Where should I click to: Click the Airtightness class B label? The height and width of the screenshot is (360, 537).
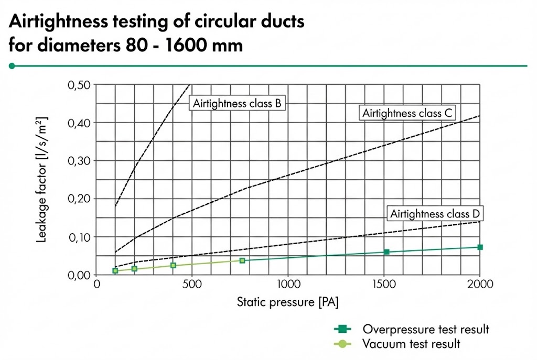pyautogui.click(x=238, y=103)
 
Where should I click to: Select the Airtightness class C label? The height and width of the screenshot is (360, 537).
pyautogui.click(x=407, y=113)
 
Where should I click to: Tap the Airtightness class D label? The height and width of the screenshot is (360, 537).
pyautogui.click(x=435, y=214)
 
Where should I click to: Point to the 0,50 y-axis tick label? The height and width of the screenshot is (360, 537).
pyautogui.click(x=79, y=85)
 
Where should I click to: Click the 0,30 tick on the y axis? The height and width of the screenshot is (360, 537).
pyautogui.click(x=79, y=161)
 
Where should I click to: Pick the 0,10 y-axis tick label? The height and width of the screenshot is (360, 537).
pyautogui.click(x=79, y=237)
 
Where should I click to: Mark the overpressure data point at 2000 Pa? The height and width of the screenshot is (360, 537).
pyautogui.click(x=480, y=247)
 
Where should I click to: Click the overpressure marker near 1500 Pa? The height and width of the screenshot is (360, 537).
pyautogui.click(x=386, y=252)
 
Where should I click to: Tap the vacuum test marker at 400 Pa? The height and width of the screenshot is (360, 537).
pyautogui.click(x=173, y=266)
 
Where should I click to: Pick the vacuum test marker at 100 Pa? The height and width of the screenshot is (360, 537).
pyautogui.click(x=115, y=271)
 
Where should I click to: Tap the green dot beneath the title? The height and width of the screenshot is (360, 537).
pyautogui.click(x=12, y=66)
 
